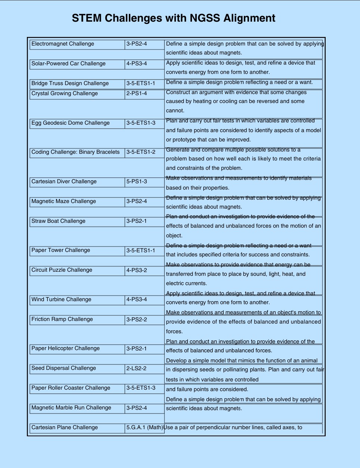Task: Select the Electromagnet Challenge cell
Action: [77, 44]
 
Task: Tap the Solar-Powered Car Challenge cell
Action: [77, 64]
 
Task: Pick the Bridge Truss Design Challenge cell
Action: [77, 84]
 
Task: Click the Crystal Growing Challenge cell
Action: [77, 94]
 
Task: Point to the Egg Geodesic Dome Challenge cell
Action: [77, 123]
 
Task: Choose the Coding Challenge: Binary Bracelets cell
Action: [77, 152]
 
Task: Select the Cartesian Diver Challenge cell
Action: [77, 182]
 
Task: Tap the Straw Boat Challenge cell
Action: [77, 221]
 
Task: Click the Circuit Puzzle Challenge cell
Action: [77, 270]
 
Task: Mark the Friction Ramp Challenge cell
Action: [77, 319]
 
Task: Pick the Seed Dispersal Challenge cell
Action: [77, 368]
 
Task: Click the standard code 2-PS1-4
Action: [145, 94]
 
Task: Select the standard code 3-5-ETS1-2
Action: [145, 152]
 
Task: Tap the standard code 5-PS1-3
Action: [145, 182]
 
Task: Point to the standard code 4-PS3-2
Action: [145, 270]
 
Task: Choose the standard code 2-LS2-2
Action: [145, 368]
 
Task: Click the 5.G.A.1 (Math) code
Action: [145, 428]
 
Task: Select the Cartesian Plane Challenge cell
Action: [77, 428]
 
